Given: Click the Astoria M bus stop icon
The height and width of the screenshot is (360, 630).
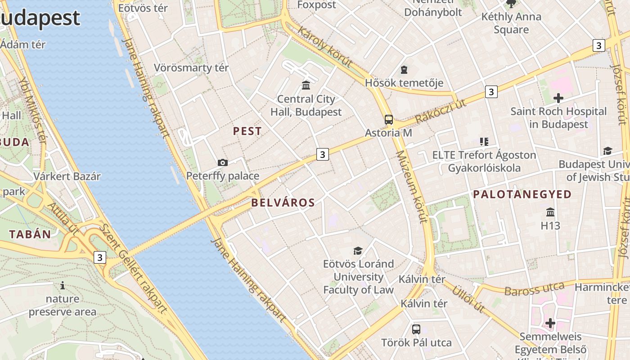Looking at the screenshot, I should coord(389,120).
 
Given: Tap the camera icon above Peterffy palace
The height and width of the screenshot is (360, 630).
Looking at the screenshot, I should coord(222,162).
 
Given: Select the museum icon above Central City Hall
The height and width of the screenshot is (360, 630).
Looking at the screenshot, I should coord(306,85).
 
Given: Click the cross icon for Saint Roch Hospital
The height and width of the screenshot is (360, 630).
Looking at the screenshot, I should coord(558,98).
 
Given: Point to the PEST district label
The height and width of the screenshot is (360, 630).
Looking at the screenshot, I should coord(247,131).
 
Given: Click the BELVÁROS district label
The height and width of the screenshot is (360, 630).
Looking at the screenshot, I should coord(283,202).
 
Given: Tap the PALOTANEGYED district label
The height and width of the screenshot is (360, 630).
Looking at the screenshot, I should coord(522,194).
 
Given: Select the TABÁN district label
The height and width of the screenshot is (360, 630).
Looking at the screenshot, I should coord(30,234).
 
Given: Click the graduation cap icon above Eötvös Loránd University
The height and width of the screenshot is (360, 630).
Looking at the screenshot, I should coord(358,251).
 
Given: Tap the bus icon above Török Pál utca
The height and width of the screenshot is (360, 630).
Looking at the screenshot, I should coord(416,329).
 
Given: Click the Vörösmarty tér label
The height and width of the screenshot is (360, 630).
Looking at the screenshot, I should coord(191,68).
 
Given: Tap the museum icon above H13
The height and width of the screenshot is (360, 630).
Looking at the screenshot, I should coord(550,212).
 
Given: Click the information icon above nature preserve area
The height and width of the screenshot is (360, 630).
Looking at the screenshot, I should coord(63,285).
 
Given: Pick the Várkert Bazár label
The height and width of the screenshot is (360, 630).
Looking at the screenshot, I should coord(67,176).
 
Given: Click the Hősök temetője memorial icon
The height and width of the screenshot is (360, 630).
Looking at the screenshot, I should coord(404,70).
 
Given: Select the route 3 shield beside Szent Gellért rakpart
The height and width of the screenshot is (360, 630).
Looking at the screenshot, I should coord(100,257).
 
